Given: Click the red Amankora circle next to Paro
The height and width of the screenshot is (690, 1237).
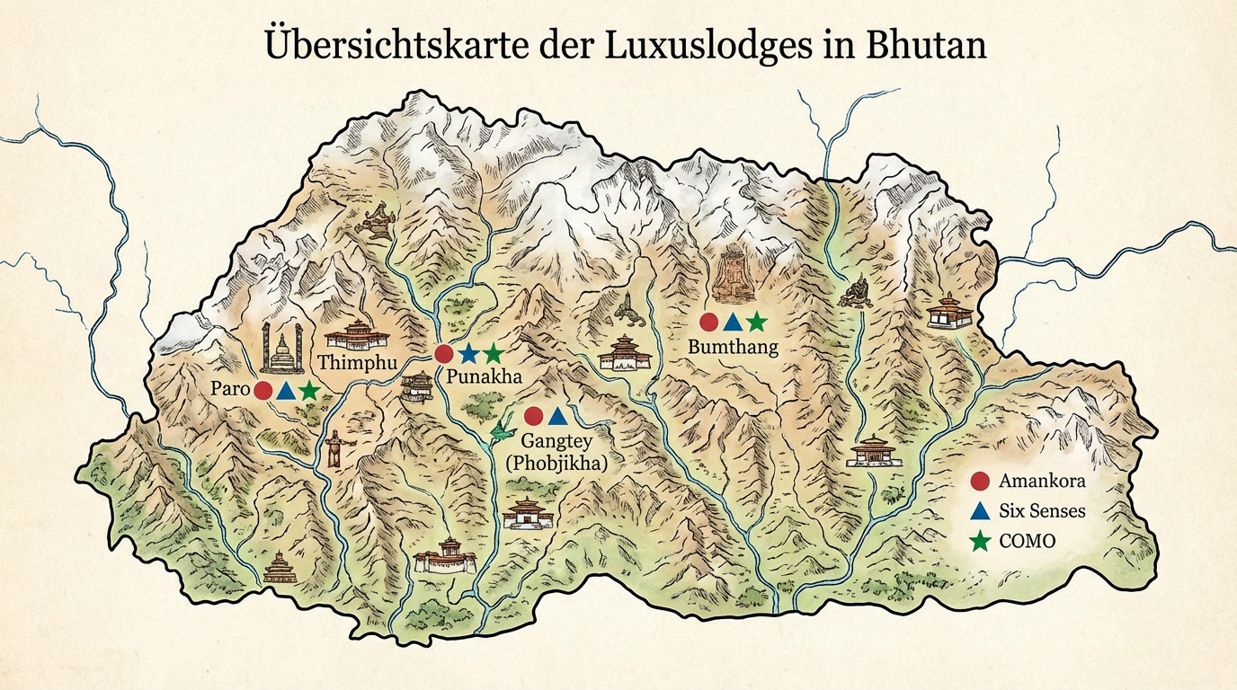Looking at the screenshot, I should pos(263,390).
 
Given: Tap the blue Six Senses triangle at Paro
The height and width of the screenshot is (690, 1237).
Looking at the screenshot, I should pos(285,390).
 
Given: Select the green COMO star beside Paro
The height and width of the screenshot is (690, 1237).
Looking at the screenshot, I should pos(308,390).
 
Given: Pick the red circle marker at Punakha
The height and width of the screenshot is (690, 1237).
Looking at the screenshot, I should pos(444,354).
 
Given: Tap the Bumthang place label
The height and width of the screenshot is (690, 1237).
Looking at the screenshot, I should pos(732,346).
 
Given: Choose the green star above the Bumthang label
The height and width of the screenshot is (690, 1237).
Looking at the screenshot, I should pos(756,321).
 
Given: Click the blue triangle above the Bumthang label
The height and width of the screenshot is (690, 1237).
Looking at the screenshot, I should pos(733,322).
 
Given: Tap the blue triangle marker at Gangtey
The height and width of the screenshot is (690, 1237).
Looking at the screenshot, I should pos(556,415).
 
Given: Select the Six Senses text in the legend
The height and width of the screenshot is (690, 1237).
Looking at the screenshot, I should pos(1042,511).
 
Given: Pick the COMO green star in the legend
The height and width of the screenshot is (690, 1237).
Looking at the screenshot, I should pos(981,541).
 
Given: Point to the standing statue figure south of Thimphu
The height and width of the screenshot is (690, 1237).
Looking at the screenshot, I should pos(334,448).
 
